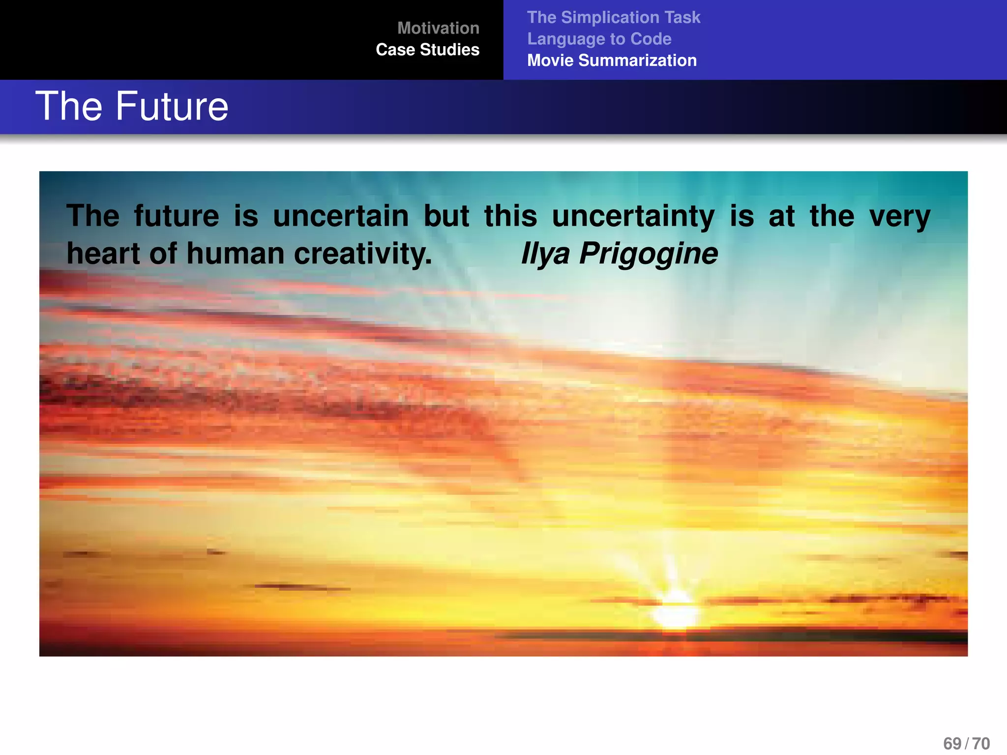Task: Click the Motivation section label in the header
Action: tap(438, 28)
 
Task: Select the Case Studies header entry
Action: tap(427, 50)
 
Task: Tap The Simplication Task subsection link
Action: tap(614, 17)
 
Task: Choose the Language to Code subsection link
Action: tap(599, 39)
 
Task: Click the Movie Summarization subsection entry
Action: tap(612, 60)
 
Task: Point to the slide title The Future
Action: tap(132, 106)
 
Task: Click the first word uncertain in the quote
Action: tap(341, 216)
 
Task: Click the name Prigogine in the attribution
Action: tap(649, 255)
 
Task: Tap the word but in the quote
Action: tap(446, 216)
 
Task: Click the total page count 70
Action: tap(981, 744)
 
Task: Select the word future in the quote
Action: tap(177, 216)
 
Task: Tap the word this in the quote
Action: tap(510, 216)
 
